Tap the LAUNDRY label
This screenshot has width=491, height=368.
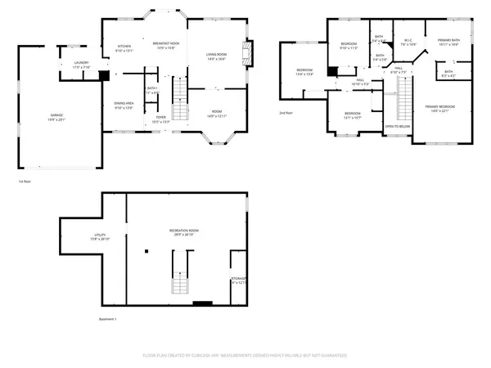click(x=81, y=63)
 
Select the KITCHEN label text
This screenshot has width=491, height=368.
click(x=124, y=46)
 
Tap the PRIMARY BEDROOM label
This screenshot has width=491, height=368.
click(x=443, y=109)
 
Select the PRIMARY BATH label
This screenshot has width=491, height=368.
click(x=448, y=42)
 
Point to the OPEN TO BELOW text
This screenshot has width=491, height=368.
click(x=398, y=127)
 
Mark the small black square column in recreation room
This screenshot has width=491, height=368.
click(x=147, y=250)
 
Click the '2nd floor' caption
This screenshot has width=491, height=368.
click(x=286, y=113)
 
